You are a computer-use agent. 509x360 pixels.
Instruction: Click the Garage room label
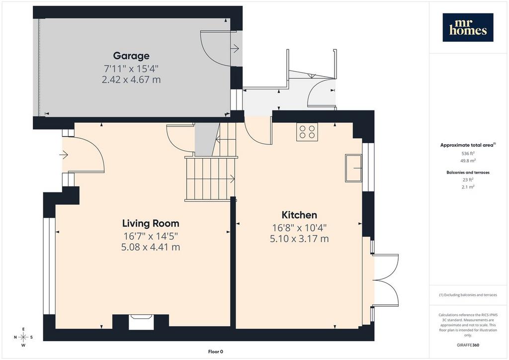coord(131,56)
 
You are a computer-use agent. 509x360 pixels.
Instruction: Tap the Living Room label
coord(151,223)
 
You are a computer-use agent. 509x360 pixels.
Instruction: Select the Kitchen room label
coord(299,215)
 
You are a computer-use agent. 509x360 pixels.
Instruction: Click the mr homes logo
coord(468,27)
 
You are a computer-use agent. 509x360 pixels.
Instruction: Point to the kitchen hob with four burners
coord(307,132)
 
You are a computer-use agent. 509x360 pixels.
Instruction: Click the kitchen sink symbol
coord(353,168)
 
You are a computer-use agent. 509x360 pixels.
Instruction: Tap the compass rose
coord(23,337)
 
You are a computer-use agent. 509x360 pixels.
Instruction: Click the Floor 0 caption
coord(216,352)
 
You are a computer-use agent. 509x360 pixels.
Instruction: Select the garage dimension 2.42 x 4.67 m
coord(131,80)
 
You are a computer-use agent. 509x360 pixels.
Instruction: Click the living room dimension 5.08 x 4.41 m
coord(151,247)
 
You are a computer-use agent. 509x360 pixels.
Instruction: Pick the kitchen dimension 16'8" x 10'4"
coord(299,228)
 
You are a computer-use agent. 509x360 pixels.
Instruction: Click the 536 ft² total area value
coord(468,154)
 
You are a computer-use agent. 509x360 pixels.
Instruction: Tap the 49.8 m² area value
coord(468,161)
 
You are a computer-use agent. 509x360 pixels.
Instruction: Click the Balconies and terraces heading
coord(468,173)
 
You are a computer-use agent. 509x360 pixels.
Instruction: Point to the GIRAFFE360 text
coord(468,345)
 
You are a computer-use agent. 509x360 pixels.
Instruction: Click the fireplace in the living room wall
coord(141,322)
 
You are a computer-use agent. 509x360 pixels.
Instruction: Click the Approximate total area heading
coord(468,145)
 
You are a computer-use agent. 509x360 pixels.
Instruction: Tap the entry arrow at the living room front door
coord(64,155)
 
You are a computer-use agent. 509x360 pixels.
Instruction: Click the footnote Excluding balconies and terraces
coord(468,295)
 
